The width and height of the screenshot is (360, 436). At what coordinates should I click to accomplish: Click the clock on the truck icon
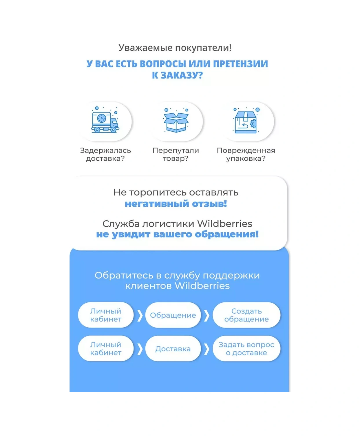click(x=102, y=119)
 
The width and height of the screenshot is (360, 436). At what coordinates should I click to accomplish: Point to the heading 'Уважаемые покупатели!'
click(x=175, y=48)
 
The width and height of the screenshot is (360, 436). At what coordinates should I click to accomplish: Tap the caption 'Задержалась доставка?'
click(x=105, y=154)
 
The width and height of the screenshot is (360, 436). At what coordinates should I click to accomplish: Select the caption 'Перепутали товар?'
click(x=176, y=154)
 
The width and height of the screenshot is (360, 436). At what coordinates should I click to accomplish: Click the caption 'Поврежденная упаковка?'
click(x=246, y=154)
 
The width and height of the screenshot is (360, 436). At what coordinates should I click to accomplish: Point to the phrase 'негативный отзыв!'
click(x=176, y=204)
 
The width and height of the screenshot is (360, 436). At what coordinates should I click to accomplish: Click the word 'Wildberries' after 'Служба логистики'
click(x=225, y=224)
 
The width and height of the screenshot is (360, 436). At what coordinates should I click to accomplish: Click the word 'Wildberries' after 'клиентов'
click(x=202, y=286)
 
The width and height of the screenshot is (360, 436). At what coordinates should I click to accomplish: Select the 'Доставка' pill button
click(x=173, y=348)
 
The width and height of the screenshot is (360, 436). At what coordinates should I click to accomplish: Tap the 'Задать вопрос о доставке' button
click(x=246, y=348)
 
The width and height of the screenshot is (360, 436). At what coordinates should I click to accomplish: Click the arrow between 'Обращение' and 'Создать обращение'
click(x=207, y=315)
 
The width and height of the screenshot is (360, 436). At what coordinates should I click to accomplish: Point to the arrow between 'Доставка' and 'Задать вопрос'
click(x=207, y=349)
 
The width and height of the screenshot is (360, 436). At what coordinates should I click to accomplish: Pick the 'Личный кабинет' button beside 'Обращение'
click(x=106, y=315)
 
